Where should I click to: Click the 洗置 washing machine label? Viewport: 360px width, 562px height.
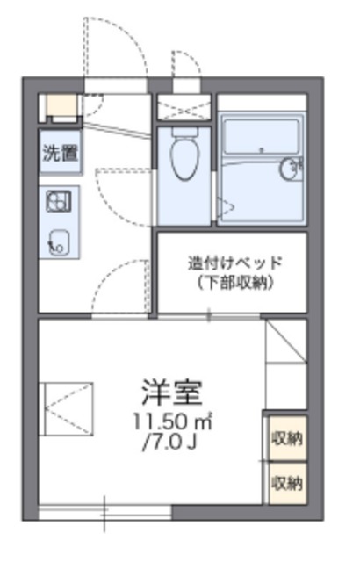coord(60,153)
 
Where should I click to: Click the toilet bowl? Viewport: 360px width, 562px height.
coord(184,159)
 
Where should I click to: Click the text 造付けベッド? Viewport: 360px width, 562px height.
coord(234,263)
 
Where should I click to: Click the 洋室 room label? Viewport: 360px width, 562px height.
coord(172,389)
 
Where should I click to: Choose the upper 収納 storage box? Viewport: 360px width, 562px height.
coord(287,436)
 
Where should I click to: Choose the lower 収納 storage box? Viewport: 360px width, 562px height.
coord(287,482)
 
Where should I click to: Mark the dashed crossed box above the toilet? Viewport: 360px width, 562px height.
coord(184,107)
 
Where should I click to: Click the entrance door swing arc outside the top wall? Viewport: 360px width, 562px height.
coord(114,48)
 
